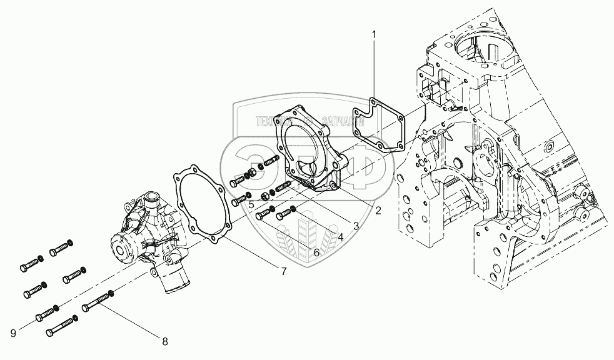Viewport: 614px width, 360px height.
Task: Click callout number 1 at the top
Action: click(x=374, y=35)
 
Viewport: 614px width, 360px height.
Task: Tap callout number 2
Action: click(x=378, y=211)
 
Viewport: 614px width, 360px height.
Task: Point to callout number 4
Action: click(x=340, y=237)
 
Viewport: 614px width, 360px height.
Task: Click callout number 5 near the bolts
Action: click(x=250, y=204)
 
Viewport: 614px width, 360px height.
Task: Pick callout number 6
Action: click(x=316, y=252)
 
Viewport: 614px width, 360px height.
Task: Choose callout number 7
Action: click(x=283, y=271)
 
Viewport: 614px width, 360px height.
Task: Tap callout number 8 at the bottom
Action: click(x=165, y=341)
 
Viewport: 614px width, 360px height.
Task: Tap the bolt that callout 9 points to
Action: click(x=46, y=313)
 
